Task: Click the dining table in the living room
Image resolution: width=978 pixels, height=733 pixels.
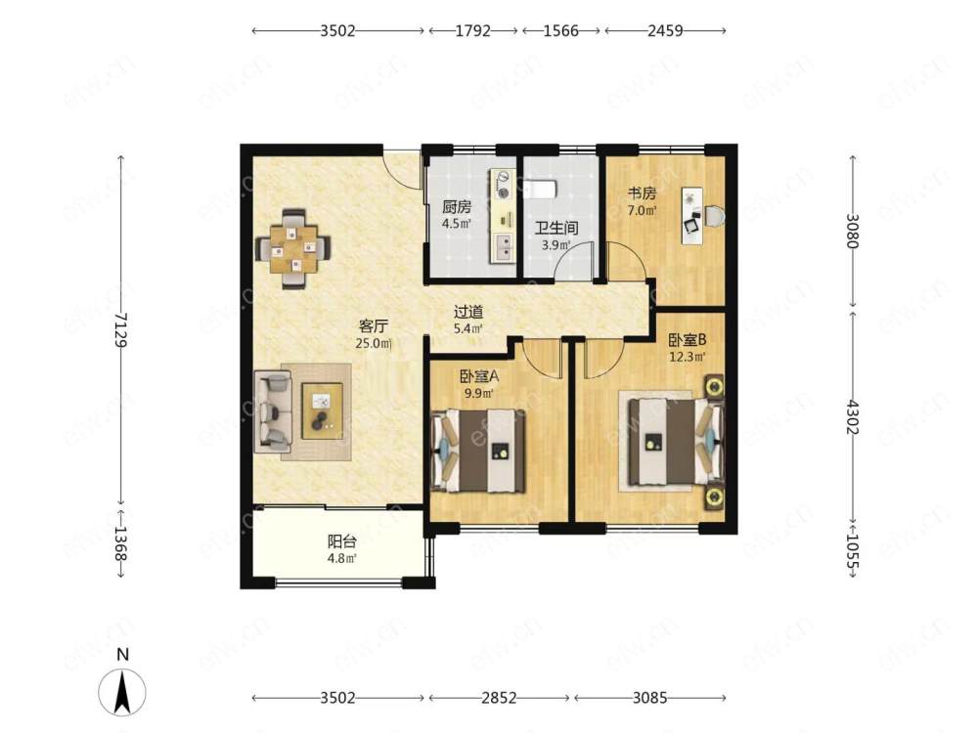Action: (x=293, y=248)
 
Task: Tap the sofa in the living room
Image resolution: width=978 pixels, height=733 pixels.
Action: (x=273, y=410)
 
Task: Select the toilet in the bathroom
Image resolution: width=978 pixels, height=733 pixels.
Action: (x=540, y=189)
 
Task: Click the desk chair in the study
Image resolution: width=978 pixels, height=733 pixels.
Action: (x=715, y=215)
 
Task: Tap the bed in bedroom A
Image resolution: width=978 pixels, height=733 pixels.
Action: (x=477, y=450)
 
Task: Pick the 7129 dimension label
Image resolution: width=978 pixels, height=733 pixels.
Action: (x=121, y=331)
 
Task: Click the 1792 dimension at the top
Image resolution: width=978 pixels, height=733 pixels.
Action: (x=472, y=30)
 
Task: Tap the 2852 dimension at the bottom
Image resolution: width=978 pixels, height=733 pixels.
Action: (x=499, y=698)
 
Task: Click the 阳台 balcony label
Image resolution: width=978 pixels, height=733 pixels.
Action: (x=341, y=541)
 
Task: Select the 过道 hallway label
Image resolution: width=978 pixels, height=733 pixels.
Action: (x=467, y=311)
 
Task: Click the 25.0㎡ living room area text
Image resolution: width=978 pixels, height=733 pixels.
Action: (x=374, y=343)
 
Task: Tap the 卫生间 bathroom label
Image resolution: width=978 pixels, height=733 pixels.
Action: (x=556, y=228)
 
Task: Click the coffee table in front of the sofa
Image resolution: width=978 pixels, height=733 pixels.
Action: (x=322, y=410)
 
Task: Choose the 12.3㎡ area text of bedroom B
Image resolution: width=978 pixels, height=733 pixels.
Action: (x=688, y=357)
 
